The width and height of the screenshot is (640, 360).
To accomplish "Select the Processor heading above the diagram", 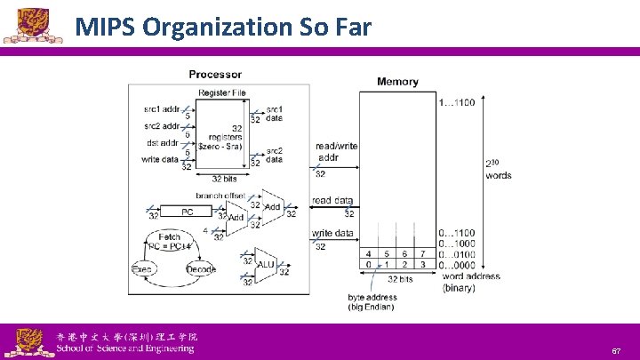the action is pyautogui.click(x=215, y=74).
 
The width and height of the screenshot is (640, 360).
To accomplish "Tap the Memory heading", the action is pyautogui.click(x=397, y=81).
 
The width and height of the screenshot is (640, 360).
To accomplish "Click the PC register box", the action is pyautogui.click(x=187, y=212).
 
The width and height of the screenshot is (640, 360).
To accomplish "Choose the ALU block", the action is pyautogui.click(x=265, y=265).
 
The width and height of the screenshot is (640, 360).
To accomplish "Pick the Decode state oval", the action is pyautogui.click(x=201, y=268).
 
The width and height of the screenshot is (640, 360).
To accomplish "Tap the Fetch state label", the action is pyautogui.click(x=170, y=237).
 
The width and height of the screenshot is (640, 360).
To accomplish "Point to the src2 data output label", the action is pyautogui.click(x=274, y=155).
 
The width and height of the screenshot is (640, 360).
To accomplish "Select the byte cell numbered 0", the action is pyautogui.click(x=369, y=264).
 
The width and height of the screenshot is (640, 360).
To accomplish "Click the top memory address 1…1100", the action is pyautogui.click(x=457, y=102).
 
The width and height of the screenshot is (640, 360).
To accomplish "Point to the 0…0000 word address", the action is pyautogui.click(x=457, y=264).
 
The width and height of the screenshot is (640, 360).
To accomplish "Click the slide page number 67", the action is pyautogui.click(x=616, y=351).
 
